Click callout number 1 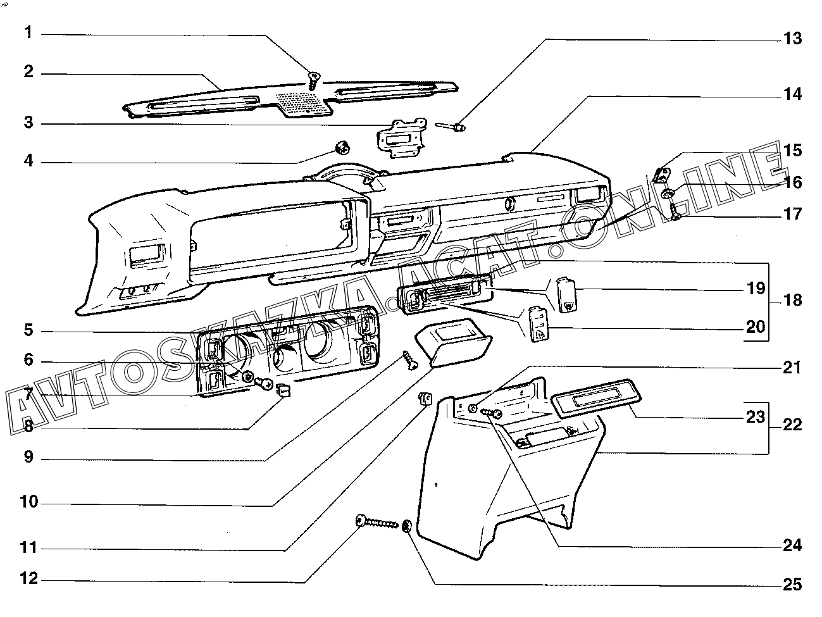click(28, 32)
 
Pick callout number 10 click(28, 503)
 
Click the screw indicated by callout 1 click(313, 79)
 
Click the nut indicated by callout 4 click(342, 149)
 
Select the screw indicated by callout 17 click(675, 215)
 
